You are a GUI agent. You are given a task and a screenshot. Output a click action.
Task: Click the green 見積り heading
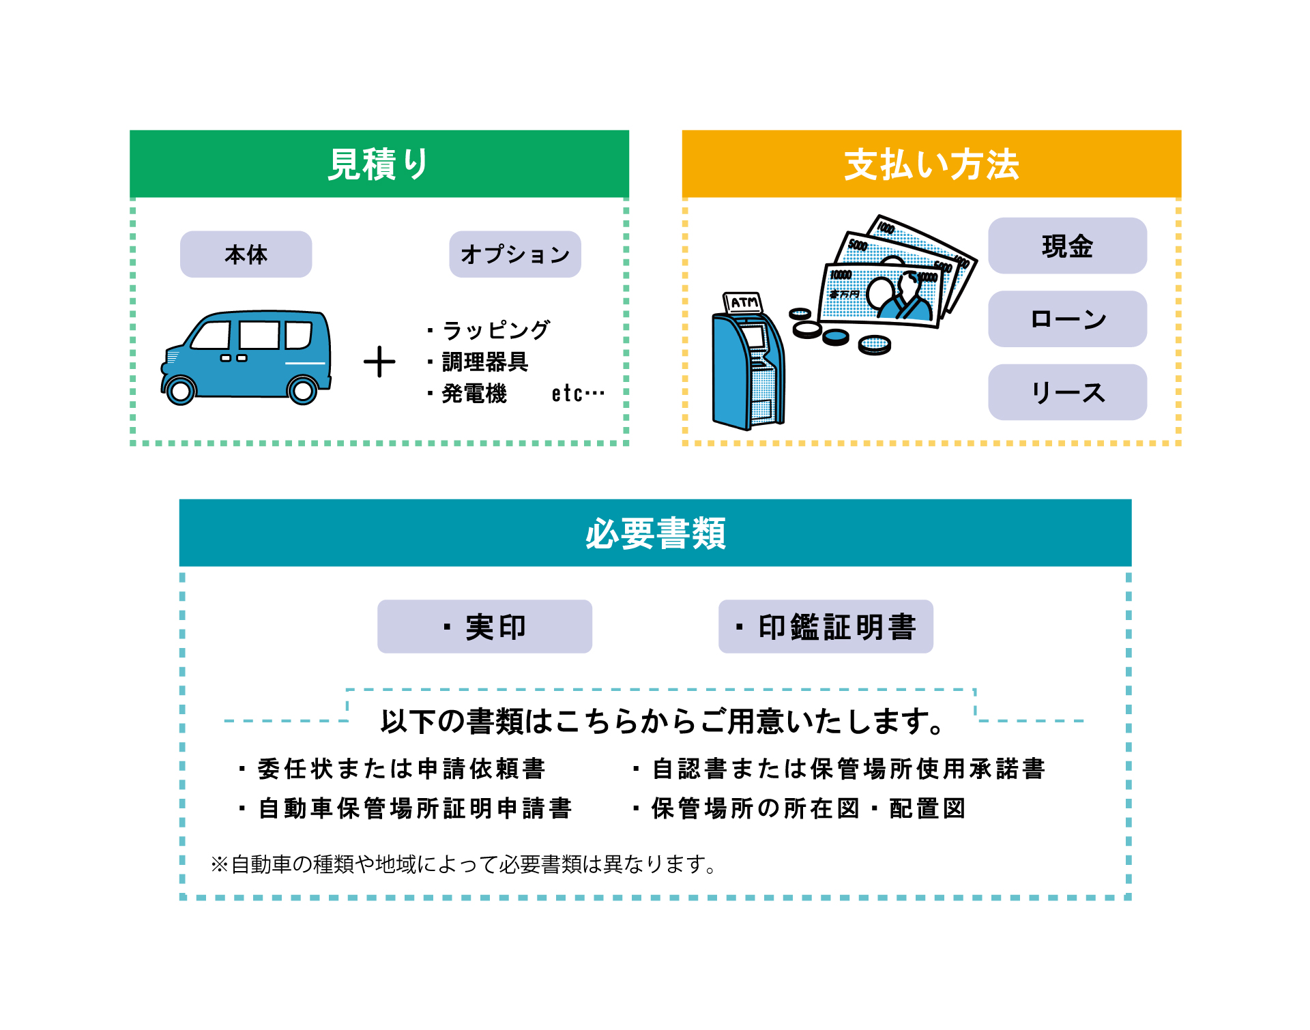379,164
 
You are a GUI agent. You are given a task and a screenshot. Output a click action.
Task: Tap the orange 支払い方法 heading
931,164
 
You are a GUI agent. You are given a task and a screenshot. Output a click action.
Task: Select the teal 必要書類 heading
655,533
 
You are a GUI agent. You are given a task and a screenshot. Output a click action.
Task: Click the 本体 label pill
246,254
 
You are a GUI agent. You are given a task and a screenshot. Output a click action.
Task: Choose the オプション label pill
515,254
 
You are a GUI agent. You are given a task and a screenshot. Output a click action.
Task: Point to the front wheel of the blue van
181,391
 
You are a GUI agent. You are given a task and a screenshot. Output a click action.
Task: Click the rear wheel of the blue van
302,391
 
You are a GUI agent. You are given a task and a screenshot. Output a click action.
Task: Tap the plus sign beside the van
379,362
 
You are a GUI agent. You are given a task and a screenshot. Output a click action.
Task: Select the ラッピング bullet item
495,330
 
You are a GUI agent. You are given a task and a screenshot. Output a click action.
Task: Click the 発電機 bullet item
474,394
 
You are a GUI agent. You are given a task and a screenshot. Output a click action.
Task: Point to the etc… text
577,394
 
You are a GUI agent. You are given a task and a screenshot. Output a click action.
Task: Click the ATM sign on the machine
744,302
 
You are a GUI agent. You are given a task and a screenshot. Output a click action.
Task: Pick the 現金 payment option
1067,246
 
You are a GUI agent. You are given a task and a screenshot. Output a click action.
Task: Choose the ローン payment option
1067,319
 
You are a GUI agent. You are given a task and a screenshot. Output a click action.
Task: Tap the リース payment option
1067,392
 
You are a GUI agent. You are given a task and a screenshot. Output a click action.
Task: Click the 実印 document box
484,627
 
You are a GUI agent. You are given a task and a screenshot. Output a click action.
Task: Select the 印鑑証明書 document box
826,627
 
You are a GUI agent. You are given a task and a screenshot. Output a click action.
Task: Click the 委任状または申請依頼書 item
401,769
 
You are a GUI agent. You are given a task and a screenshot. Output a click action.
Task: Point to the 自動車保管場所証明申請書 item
414,808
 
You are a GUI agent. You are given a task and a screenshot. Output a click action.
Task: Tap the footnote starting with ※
464,864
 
